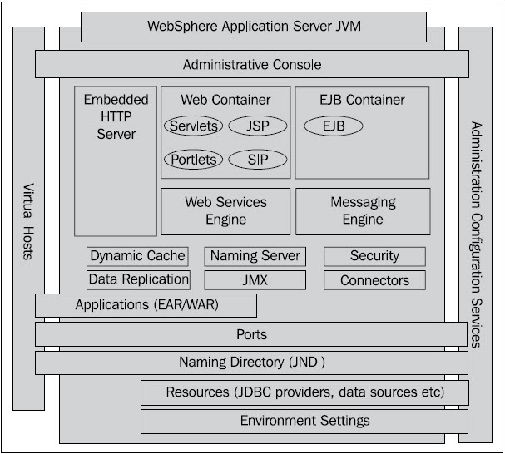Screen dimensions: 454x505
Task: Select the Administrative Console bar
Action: tap(251, 64)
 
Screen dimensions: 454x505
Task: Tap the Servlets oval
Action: tap(193, 126)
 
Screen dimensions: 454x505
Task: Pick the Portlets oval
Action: tap(193, 159)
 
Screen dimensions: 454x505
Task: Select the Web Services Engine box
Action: tap(225, 211)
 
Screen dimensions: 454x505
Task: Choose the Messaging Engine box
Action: tap(363, 211)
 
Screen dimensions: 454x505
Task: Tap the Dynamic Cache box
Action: tap(137, 256)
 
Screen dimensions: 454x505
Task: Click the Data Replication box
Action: tap(138, 279)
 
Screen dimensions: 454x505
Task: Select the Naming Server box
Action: tap(255, 256)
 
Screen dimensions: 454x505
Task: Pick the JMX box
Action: tap(255, 280)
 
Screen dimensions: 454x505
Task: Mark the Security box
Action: tap(374, 256)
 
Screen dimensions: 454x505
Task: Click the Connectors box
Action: tap(374, 280)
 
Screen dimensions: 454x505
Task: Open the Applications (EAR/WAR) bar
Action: tap(146, 305)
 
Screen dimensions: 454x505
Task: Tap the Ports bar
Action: tap(251, 334)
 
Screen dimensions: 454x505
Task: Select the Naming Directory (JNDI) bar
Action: tap(251, 363)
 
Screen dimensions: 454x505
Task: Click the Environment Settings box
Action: tap(304, 421)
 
